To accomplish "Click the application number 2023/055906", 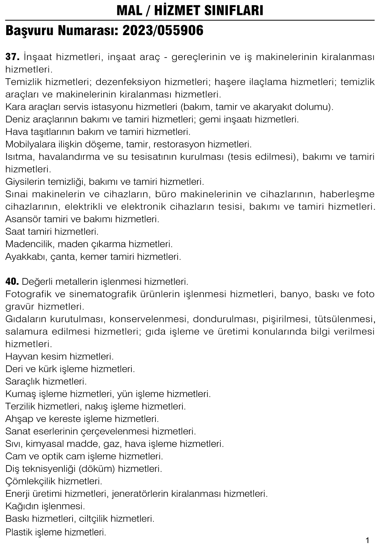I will [163, 31].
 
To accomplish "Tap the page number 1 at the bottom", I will [367, 541].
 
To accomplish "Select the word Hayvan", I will [22, 357].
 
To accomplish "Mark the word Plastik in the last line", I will [18, 532].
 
